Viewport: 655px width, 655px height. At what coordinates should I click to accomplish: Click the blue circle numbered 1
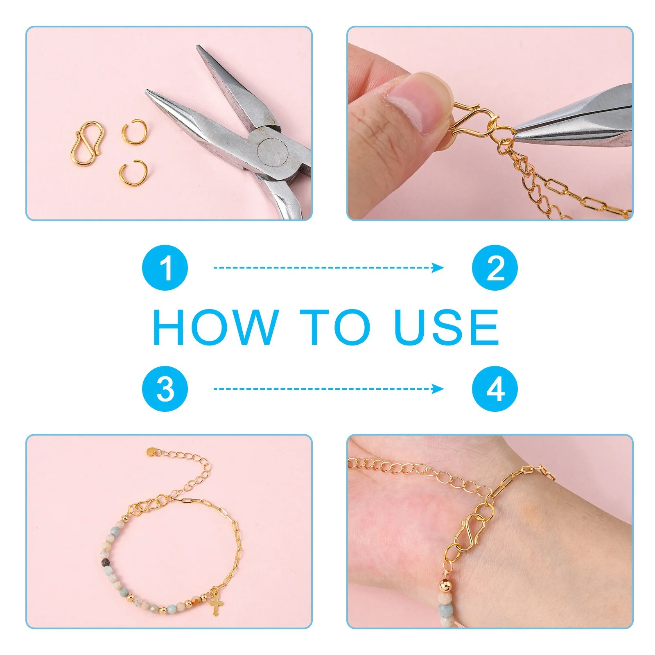[x=165, y=268]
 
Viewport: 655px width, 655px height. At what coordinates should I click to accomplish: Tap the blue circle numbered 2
[x=495, y=268]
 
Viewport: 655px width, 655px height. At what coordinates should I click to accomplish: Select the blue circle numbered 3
[x=165, y=388]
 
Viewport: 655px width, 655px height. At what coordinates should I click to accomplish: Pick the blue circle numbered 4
[x=495, y=388]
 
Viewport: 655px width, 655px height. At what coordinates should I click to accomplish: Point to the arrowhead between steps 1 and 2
[x=438, y=268]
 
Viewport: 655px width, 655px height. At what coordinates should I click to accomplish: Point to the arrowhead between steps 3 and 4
[x=438, y=388]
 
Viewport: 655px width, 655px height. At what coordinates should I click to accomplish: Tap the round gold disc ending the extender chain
[x=151, y=452]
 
